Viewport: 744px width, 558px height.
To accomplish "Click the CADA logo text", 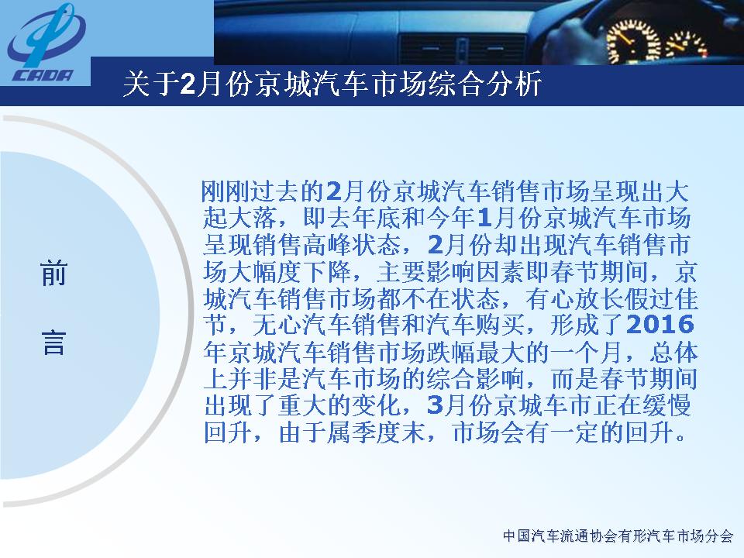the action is point(42,75).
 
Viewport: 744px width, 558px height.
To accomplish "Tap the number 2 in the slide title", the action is point(188,84).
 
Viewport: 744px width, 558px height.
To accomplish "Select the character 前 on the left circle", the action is point(53,274).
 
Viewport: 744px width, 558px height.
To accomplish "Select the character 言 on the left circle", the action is point(53,343).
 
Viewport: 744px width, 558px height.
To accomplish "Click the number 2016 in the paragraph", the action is point(660,325).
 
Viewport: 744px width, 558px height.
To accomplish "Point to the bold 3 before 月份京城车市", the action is point(435,405).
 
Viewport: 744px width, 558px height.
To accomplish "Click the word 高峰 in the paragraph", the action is point(326,245).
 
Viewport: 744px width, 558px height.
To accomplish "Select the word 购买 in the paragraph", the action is point(500,325).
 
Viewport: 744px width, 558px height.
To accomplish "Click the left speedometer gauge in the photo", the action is point(634,42).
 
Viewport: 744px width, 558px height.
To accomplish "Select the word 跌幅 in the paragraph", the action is point(449,352).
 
